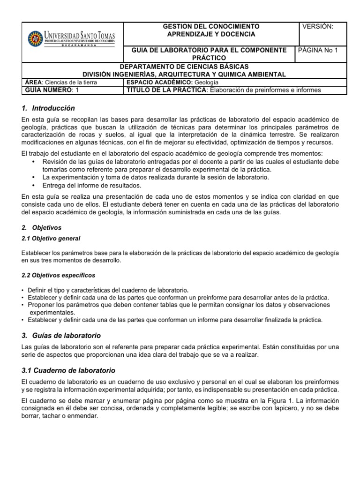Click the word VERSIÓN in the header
[318, 27]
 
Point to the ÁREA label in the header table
[32, 82]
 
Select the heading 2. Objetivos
[42, 227]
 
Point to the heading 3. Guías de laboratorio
[61, 336]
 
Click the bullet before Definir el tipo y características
[23, 290]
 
